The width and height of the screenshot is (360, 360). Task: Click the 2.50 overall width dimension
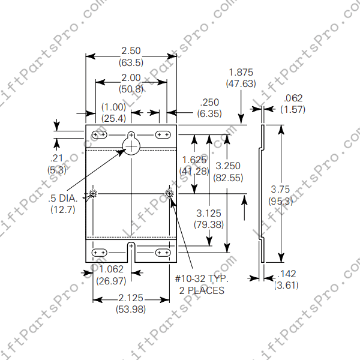pos(131,52)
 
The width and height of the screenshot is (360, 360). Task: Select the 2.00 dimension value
pos(131,78)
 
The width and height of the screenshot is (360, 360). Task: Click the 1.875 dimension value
pos(241,73)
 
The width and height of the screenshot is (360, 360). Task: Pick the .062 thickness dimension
pos(293,98)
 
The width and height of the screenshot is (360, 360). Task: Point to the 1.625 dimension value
pos(194,160)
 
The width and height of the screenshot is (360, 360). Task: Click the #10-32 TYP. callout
pos(200,280)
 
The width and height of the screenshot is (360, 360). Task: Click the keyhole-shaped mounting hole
pos(131,143)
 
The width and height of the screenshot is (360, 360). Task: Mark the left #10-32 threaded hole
pos(93,193)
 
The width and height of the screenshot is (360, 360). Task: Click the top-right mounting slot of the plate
pos(162,134)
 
